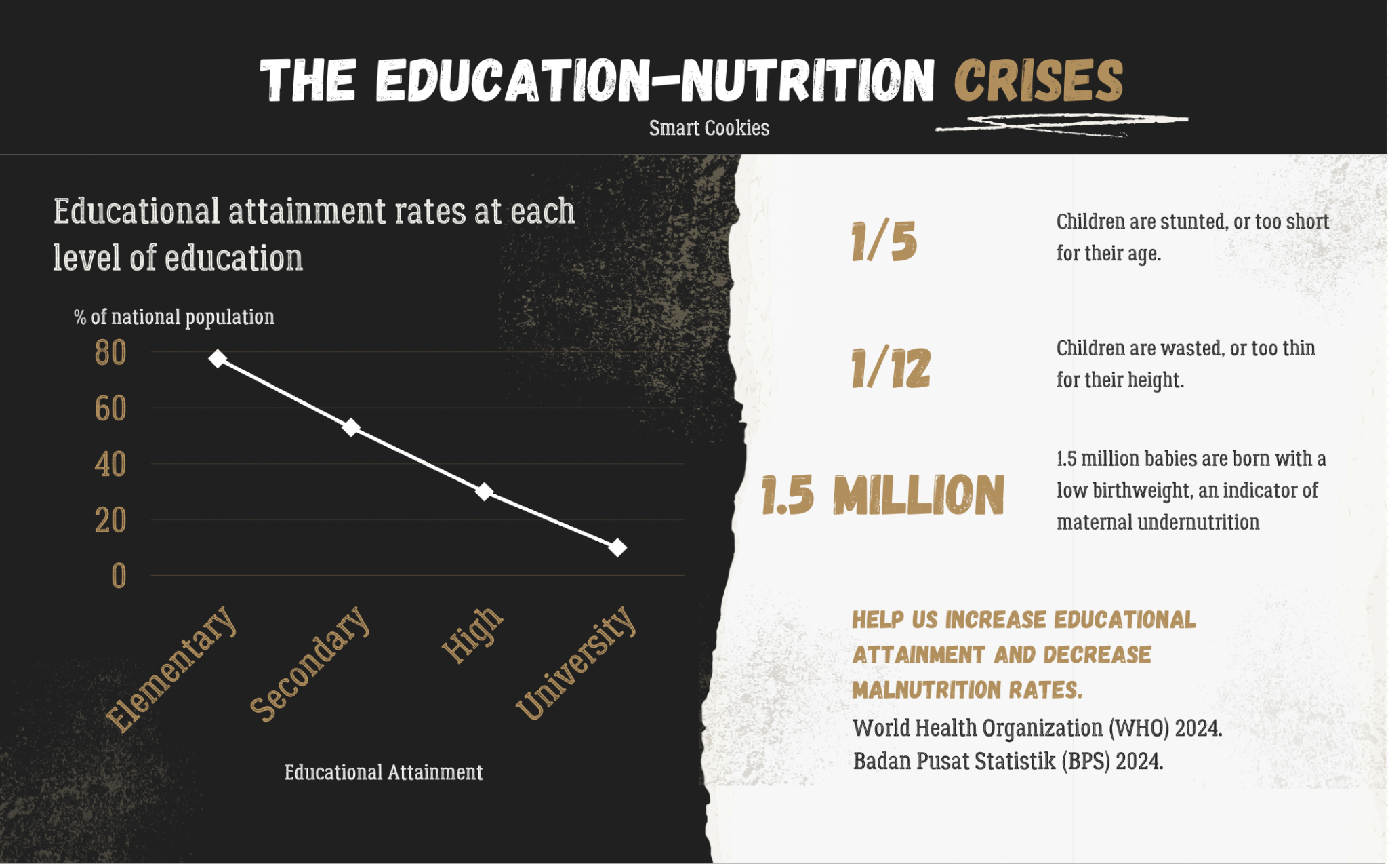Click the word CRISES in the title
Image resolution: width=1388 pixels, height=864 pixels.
coord(1038,81)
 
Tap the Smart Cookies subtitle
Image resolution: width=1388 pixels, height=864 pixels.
coord(709,128)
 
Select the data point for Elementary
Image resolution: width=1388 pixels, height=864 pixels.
coord(218,358)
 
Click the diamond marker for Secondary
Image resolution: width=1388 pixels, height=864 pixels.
coord(350,427)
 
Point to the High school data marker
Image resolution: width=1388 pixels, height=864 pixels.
coord(484,492)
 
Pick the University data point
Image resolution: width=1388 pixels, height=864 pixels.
coord(617,547)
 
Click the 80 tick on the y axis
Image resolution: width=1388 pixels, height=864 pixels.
coord(110,353)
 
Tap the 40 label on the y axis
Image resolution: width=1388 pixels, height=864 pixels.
coord(110,465)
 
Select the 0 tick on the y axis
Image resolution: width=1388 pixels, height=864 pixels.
coord(119,576)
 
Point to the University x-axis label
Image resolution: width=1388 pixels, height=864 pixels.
coord(577,663)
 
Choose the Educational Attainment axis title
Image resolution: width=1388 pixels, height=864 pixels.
coord(384,772)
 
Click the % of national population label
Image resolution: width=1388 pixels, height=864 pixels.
coord(174,317)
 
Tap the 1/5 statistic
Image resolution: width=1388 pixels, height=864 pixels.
coord(884,242)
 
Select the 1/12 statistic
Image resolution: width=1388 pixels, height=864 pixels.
coord(891,368)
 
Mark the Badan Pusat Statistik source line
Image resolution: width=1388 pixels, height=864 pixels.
coord(1008,762)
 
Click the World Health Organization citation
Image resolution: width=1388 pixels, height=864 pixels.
coord(1037,728)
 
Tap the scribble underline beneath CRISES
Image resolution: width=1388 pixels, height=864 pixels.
coord(1061,123)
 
